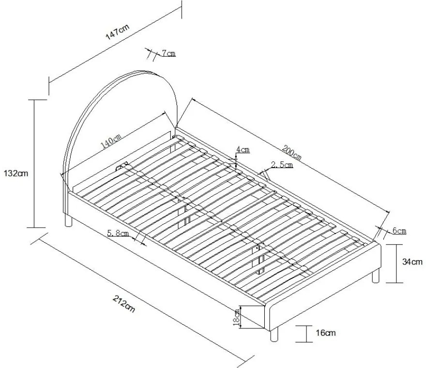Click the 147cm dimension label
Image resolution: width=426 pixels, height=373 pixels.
click(x=118, y=34)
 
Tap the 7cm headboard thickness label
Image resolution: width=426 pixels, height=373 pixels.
click(x=168, y=53)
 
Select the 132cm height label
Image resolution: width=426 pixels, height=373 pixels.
click(x=15, y=173)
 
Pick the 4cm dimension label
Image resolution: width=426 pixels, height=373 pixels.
click(x=243, y=150)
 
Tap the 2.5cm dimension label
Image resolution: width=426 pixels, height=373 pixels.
click(x=282, y=165)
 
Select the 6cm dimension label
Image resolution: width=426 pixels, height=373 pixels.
click(x=399, y=231)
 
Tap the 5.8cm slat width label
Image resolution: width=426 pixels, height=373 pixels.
click(x=118, y=234)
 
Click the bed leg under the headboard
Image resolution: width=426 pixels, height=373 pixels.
click(x=69, y=221)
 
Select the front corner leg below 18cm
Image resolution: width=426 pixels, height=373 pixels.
click(x=274, y=334)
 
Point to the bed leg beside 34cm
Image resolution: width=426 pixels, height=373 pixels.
click(x=375, y=277)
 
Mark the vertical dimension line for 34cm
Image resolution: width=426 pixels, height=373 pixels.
click(x=397, y=264)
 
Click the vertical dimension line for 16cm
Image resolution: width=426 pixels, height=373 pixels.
click(x=307, y=333)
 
